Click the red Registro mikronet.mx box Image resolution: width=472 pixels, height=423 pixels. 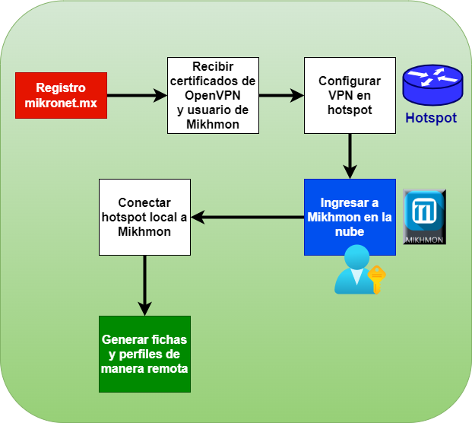(61, 95)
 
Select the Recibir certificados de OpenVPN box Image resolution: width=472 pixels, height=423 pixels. (213, 95)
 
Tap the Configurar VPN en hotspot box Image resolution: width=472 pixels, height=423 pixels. (350, 95)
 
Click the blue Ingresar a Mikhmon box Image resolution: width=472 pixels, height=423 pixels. (350, 217)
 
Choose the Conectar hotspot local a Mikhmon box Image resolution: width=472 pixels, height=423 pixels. (144, 217)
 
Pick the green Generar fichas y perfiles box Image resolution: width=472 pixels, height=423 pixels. (144, 354)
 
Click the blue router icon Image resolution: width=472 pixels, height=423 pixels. (431, 84)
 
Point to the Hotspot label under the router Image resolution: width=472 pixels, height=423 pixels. (431, 118)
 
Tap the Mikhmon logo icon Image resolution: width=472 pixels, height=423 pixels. (424, 217)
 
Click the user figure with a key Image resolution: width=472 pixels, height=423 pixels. (351, 270)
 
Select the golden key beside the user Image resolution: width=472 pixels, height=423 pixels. (376, 278)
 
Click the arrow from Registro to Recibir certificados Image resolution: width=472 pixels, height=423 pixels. (137, 95)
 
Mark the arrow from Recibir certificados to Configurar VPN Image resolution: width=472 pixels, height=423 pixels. (281, 95)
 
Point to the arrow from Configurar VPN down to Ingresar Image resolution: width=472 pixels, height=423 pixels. (350, 156)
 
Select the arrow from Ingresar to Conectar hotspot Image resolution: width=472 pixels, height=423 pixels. (247, 217)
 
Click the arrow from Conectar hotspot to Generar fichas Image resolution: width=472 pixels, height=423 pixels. (144, 285)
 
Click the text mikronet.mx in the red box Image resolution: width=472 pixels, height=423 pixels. (61, 102)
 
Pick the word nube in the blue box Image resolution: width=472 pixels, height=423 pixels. (350, 232)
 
